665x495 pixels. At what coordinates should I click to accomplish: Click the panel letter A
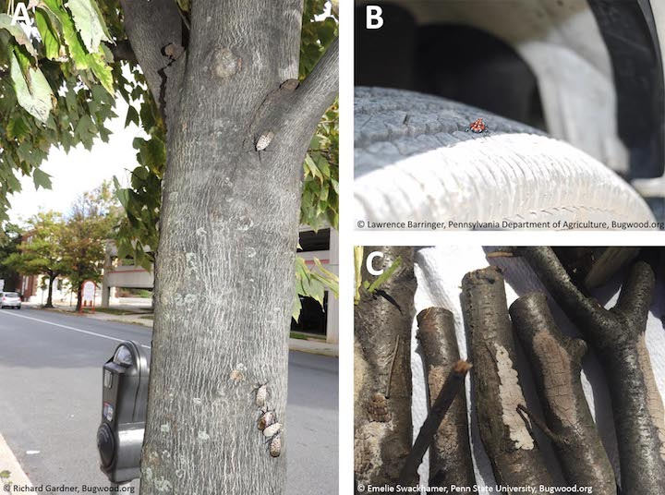[x=22, y=16]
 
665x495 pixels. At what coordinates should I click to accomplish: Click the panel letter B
[x=374, y=18]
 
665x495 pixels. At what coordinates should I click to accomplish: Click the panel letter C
[x=375, y=264]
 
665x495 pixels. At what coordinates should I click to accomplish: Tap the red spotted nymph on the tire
[x=478, y=126]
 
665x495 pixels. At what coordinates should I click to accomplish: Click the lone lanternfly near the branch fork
[x=264, y=140]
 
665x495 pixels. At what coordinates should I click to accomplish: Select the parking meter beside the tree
[x=122, y=412]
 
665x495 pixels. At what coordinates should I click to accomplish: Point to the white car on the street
[x=10, y=300]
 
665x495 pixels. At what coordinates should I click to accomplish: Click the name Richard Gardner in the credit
[x=46, y=489]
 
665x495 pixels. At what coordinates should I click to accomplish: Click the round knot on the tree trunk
[x=224, y=63]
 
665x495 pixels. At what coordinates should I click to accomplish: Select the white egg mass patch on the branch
[x=513, y=397]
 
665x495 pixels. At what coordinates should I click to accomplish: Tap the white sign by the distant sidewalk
[x=89, y=292]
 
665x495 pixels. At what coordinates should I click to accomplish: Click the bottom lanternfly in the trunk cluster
[x=275, y=447]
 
